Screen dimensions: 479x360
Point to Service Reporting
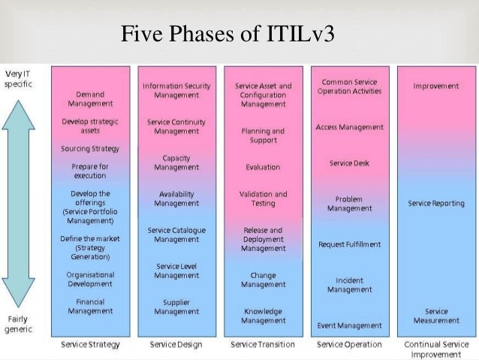click(x=436, y=204)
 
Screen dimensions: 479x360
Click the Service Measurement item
click(x=436, y=316)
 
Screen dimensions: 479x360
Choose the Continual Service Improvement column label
click(x=436, y=349)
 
